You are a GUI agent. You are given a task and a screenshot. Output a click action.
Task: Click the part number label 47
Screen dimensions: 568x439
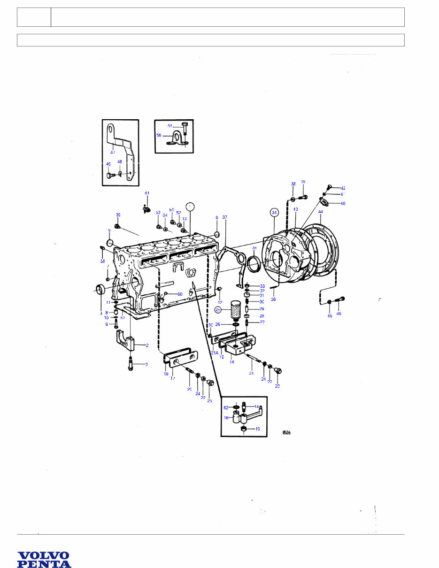pyautogui.click(x=113, y=152)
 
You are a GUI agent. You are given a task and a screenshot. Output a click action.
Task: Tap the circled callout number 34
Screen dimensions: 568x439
pyautogui.click(x=275, y=212)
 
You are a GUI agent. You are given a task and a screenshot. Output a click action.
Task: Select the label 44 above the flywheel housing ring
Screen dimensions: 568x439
pyautogui.click(x=321, y=212)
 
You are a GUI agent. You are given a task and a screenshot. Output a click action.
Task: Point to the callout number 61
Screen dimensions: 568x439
pyautogui.click(x=147, y=193)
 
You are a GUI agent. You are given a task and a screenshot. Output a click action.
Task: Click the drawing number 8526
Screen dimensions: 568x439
pyautogui.click(x=286, y=433)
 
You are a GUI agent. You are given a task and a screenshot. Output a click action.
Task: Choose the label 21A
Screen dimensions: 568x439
pyautogui.click(x=214, y=353)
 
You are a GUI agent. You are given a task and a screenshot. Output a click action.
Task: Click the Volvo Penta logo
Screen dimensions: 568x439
pyautogui.click(x=44, y=560)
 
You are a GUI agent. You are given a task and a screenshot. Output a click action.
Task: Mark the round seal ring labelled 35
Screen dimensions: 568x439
pyautogui.click(x=254, y=264)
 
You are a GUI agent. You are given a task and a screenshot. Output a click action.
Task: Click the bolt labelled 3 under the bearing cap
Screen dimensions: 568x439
pyautogui.click(x=131, y=364)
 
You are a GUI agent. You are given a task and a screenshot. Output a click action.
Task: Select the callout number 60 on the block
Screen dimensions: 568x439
pyautogui.click(x=179, y=294)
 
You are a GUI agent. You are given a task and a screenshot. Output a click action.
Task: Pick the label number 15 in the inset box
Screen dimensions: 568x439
pyautogui.click(x=257, y=429)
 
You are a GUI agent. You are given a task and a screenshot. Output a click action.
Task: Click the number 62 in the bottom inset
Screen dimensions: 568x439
pyautogui.click(x=226, y=407)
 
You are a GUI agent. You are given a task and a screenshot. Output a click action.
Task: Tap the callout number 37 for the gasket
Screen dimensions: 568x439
pyautogui.click(x=224, y=217)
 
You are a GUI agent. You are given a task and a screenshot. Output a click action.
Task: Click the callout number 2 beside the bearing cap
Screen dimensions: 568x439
pyautogui.click(x=147, y=345)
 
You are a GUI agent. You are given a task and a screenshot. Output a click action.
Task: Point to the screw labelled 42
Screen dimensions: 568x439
pyautogui.click(x=329, y=187)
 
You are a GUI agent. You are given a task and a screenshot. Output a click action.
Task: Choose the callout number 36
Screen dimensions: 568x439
pyautogui.click(x=273, y=299)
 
